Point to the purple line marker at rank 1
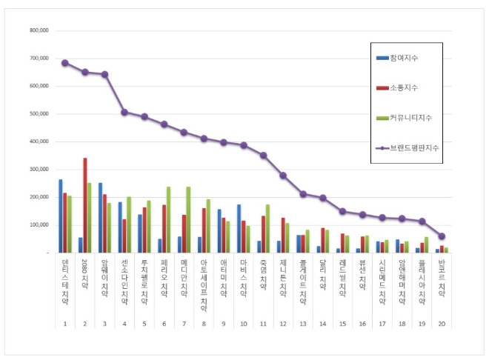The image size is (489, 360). pos(65,63)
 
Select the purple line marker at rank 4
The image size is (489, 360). pos(124,112)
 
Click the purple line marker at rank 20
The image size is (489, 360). pos(442,236)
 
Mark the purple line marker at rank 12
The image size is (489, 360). pos(282,175)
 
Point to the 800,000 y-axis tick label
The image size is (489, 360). pos(39,30)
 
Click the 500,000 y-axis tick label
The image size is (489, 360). pos(39,113)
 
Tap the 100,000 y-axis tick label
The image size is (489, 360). pos(39,224)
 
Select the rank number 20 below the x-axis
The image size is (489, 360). pos(442,324)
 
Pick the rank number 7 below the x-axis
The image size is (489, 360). pos(184,324)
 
